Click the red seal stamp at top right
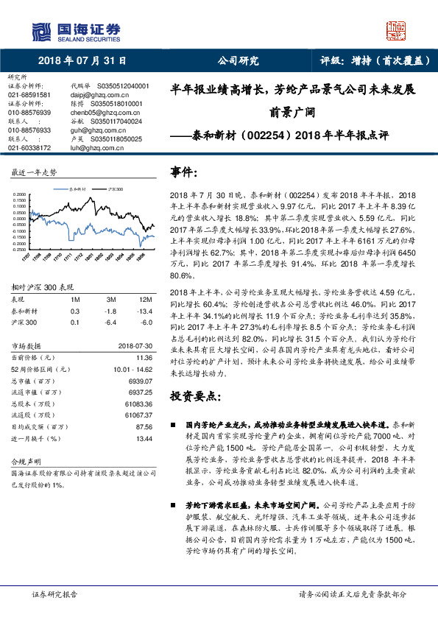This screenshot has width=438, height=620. (397, 30)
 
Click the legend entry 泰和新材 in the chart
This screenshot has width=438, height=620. (79, 189)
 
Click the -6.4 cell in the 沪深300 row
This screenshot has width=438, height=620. (112, 322)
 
